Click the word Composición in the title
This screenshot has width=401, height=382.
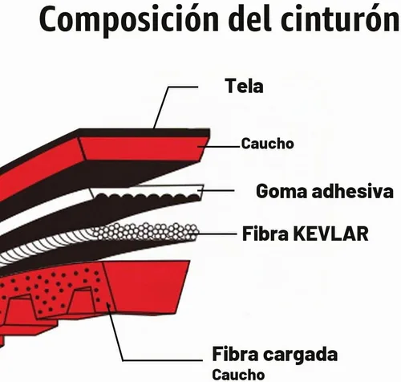[x=129, y=19]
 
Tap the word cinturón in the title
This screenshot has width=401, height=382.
[x=340, y=18]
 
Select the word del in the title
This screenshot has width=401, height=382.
[x=249, y=18]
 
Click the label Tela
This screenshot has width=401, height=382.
[x=244, y=86]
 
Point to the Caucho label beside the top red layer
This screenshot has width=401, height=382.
[x=267, y=144]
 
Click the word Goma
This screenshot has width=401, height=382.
[x=282, y=192]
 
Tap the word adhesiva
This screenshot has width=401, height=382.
[x=353, y=191]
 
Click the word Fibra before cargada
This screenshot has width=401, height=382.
[x=236, y=354]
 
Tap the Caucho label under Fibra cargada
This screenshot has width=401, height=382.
[x=238, y=375]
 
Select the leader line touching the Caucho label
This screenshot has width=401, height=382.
[x=219, y=147]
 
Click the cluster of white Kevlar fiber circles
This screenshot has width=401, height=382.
[x=146, y=231]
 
